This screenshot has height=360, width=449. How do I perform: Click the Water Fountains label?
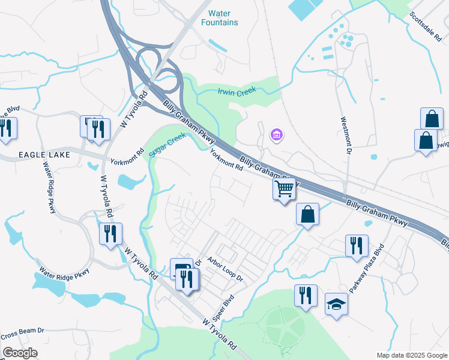[x=223, y=18]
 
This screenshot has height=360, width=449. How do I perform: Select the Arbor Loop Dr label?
[x=225, y=269]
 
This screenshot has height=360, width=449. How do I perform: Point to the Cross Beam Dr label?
[x=23, y=331]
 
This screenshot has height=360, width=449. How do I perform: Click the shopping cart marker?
[x=285, y=189]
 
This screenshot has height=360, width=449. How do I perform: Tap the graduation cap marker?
[x=336, y=304]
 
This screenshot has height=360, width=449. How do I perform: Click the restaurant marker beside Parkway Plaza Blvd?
[x=357, y=245]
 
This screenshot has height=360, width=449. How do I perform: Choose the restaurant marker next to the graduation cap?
[x=306, y=296]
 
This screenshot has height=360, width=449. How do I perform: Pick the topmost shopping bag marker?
[x=432, y=118]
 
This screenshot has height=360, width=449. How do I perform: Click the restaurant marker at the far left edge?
[x=5, y=128]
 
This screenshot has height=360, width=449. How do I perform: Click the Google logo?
[x=19, y=353]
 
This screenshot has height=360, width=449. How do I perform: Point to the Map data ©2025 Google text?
[x=411, y=355]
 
